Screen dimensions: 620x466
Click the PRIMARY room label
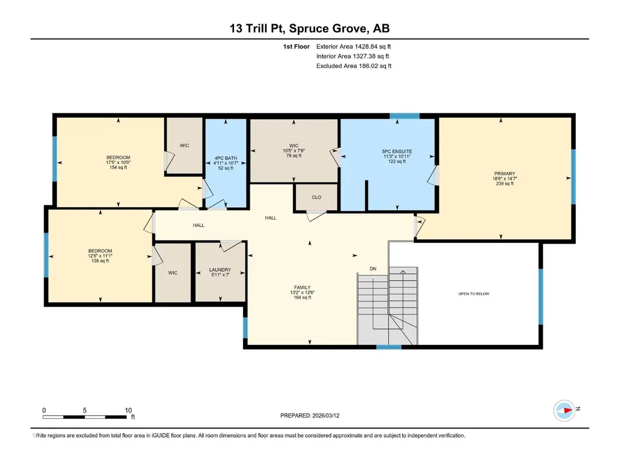[x=504, y=173]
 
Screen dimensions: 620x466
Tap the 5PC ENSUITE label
[x=397, y=151]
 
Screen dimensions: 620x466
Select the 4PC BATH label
[x=226, y=158]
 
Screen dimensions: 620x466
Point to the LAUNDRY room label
[x=220, y=270]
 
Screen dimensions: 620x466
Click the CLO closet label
[x=316, y=198]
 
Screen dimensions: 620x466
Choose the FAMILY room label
[x=302, y=287]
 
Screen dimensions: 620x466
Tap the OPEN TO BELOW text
[x=474, y=294]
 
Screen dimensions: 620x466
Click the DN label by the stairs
[x=373, y=268]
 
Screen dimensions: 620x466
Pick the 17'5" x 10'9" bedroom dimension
[x=118, y=162]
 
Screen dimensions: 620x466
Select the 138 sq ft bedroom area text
[x=100, y=261]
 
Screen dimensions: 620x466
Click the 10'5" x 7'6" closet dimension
[x=294, y=150]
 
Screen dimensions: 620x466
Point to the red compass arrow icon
[x=567, y=410]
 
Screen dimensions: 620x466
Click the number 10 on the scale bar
[x=128, y=410]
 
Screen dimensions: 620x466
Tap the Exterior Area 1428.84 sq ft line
[x=353, y=47]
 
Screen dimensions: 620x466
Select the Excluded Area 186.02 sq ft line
[x=354, y=66]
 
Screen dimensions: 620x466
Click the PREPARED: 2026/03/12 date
[x=310, y=416]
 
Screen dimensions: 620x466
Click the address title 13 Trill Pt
[x=257, y=28]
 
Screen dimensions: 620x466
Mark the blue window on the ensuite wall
[x=405, y=116]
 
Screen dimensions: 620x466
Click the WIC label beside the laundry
[x=173, y=273]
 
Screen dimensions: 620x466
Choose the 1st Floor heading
[x=296, y=47]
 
